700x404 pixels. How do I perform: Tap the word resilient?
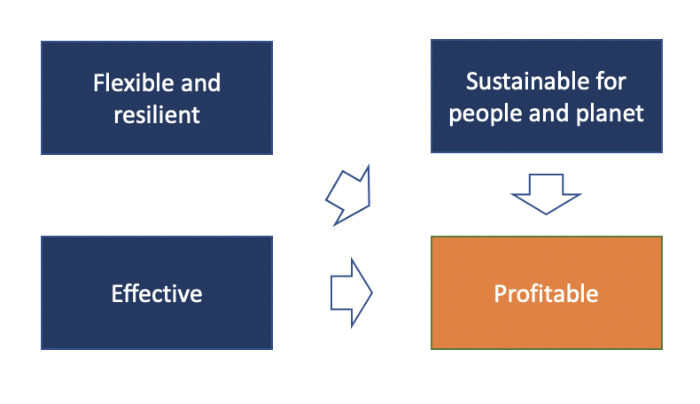tap(157, 115)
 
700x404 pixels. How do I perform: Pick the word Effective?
tap(157, 294)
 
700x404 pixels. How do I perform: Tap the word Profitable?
tap(546, 294)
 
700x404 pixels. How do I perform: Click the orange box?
tap(547, 293)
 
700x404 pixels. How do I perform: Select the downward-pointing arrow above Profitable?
tap(546, 194)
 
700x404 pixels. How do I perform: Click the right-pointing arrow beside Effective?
tap(352, 293)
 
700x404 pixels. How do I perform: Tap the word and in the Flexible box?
tap(200, 83)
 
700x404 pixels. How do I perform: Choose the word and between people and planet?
tap(549, 113)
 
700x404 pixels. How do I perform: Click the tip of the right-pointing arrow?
tap(372, 293)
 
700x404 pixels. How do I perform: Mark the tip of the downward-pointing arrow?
tap(546, 214)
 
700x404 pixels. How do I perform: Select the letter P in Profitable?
tap(500, 294)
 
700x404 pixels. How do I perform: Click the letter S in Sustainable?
tap(472, 82)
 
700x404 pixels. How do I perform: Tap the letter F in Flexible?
tap(98, 83)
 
